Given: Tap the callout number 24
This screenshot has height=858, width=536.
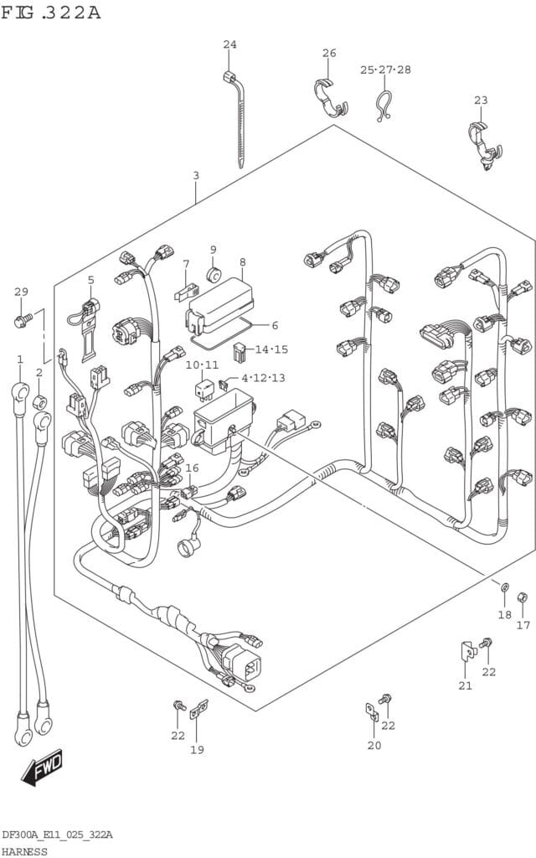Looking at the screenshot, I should point(229,44).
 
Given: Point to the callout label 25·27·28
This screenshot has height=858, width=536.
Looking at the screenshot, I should point(385,70).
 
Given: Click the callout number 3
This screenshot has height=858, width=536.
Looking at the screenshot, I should point(195,176).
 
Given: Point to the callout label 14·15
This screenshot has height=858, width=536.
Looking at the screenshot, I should point(271,349).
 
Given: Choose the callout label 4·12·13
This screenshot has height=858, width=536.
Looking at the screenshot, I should point(263,378).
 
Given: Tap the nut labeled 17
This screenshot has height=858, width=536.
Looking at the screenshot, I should point(522,597).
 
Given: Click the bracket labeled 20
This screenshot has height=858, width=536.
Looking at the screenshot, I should point(371,712).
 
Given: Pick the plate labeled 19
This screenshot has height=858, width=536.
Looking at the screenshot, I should point(198,711).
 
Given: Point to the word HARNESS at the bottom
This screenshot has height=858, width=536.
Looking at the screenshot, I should point(24,850).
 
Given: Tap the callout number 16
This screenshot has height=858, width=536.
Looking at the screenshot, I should point(193,468).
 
